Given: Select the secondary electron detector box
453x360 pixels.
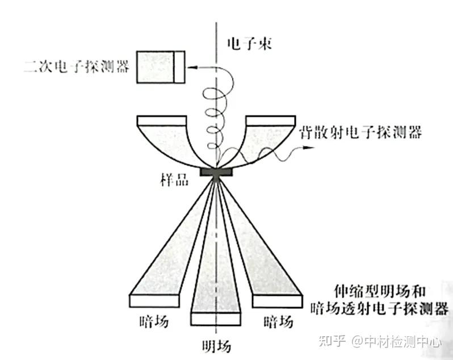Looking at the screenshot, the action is point(161,66).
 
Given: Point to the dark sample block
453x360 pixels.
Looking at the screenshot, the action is point(216,171).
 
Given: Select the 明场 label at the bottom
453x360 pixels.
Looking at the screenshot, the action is point(216,345).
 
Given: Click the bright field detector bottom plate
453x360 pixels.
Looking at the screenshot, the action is point(216,319).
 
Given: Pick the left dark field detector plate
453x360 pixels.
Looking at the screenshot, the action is point(154,300).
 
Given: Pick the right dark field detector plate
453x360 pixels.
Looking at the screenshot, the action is point(277,300).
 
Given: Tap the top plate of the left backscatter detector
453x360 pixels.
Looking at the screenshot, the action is point(162,120).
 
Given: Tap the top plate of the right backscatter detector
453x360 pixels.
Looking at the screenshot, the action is point(270,120).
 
